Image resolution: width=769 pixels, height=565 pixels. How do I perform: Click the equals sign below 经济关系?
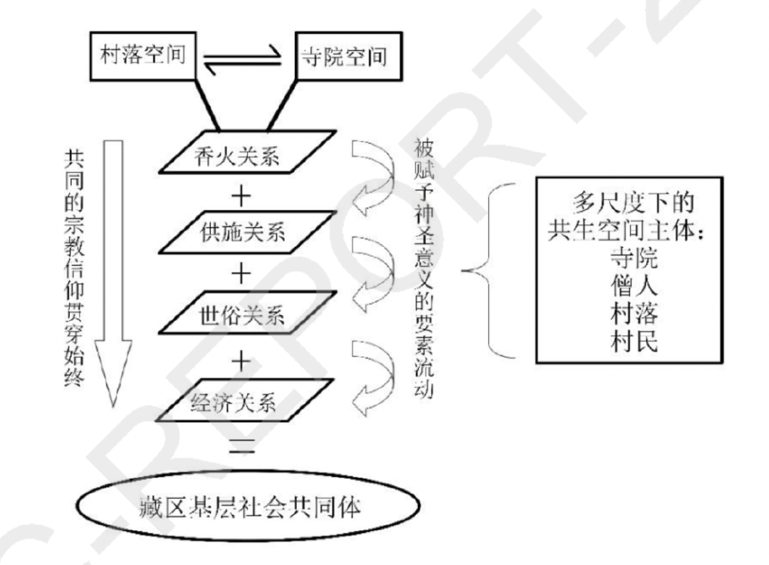coord(243,446)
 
